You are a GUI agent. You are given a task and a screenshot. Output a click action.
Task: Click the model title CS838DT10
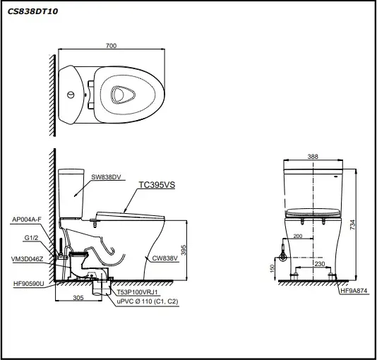[x=33, y=11]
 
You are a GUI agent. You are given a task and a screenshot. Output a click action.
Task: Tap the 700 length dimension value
[x=111, y=46]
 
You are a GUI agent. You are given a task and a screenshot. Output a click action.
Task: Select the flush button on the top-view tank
[x=71, y=95]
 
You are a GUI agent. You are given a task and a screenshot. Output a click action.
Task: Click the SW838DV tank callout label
[x=106, y=177]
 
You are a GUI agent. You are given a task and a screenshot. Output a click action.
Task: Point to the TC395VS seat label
[x=157, y=185]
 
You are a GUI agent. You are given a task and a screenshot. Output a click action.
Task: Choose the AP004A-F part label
[x=27, y=220]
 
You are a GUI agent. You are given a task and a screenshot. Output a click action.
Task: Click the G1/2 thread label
[x=31, y=238]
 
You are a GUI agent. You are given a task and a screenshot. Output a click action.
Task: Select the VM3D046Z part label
[x=27, y=259]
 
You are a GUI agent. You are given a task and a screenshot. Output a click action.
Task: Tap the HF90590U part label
[x=29, y=284]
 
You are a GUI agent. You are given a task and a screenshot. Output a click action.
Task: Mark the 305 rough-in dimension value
[x=78, y=298]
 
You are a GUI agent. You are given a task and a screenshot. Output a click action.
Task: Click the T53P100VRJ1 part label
[x=137, y=292]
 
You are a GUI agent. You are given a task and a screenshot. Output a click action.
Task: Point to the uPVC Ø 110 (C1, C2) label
[x=148, y=301]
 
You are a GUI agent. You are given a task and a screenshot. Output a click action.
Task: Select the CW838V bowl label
[x=165, y=258]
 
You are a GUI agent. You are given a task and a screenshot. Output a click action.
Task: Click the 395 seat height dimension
[x=184, y=250]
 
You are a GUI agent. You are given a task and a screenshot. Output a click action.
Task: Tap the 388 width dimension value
[x=313, y=157]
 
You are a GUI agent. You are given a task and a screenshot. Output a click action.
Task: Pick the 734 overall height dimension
[x=352, y=225]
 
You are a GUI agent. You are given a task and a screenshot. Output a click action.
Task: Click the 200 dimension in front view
[x=298, y=236]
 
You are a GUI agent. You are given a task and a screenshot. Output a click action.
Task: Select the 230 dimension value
[x=320, y=264]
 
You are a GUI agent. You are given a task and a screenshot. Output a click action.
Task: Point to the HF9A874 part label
[x=354, y=291]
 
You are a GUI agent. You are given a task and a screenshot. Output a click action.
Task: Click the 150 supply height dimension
[x=272, y=268]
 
